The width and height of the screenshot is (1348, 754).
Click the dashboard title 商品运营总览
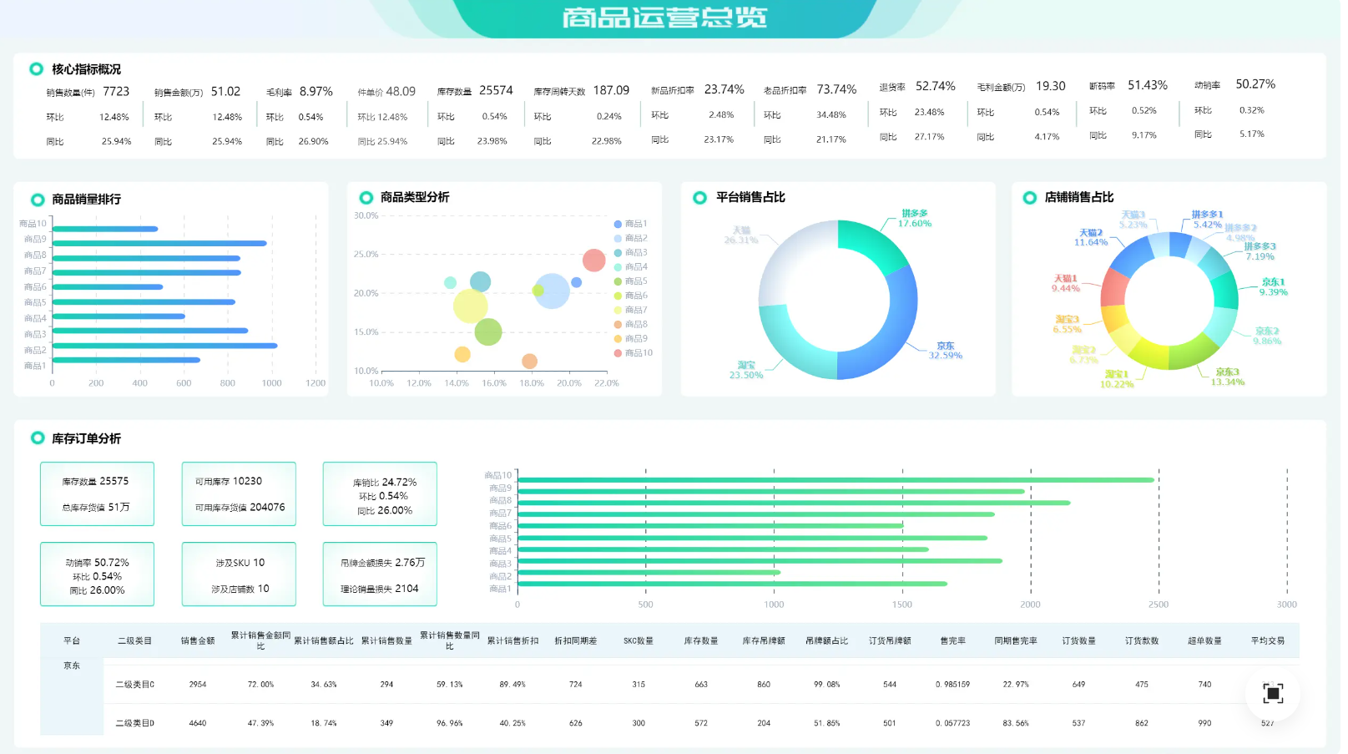[x=664, y=18]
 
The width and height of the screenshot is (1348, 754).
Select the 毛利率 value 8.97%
[x=316, y=92]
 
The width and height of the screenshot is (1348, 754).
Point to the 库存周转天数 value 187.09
[x=611, y=90]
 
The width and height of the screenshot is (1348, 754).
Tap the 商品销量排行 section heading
[x=86, y=200]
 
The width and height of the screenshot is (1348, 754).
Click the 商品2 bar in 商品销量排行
[x=164, y=346]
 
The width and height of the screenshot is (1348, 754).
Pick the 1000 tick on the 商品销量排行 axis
[x=271, y=383]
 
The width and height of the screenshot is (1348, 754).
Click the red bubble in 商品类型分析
[x=593, y=261]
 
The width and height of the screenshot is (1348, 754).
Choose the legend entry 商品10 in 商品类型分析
[x=639, y=353]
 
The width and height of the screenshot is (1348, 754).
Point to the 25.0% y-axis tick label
[x=366, y=254]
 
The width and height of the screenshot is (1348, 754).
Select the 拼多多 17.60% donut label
[x=915, y=219]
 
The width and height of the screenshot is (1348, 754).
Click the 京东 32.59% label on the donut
[x=945, y=351]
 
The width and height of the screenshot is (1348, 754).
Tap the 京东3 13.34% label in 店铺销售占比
[x=1227, y=377]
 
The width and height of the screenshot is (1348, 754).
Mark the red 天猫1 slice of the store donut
[x=1114, y=288]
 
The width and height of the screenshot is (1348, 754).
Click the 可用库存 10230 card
[x=239, y=493]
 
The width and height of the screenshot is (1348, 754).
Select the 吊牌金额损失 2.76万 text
[x=382, y=563]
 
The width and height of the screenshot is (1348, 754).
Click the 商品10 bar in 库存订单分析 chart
[x=835, y=480]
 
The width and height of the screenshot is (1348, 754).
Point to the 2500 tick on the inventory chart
[x=1158, y=605]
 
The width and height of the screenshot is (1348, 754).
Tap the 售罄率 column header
[x=952, y=641]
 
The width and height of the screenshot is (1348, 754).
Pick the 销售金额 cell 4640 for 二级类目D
[x=198, y=723]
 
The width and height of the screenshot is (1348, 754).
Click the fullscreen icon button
[x=1272, y=693]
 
